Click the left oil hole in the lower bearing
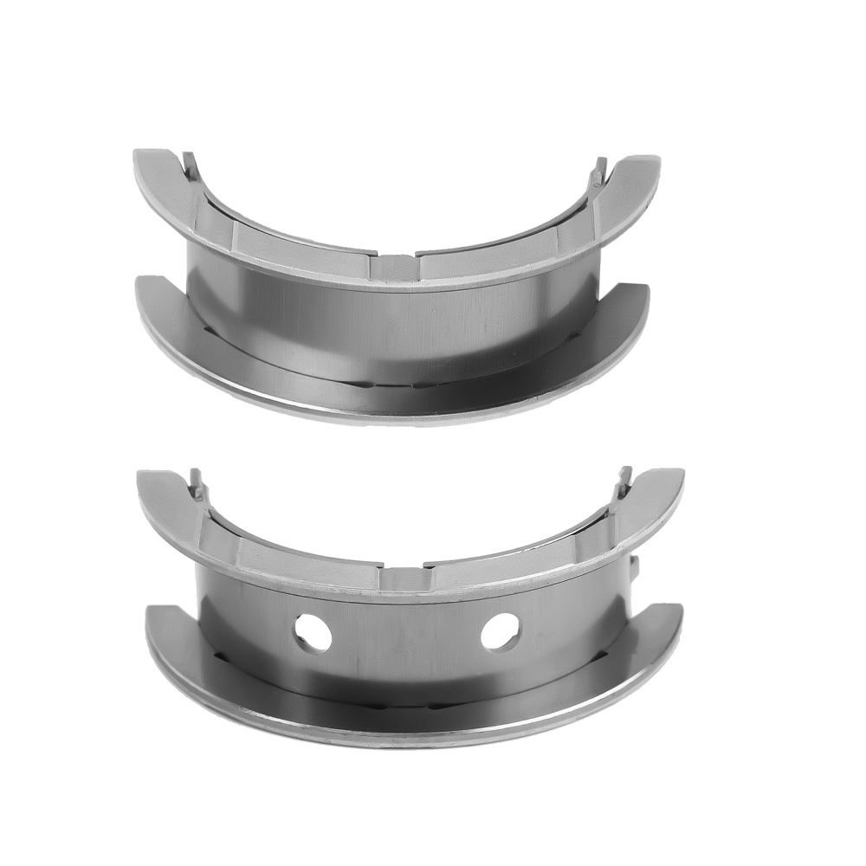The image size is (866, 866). point(313,632)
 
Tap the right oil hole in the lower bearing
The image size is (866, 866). point(501,631)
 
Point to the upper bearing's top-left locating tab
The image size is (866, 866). point(191,164)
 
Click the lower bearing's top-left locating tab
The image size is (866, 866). point(196,481)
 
